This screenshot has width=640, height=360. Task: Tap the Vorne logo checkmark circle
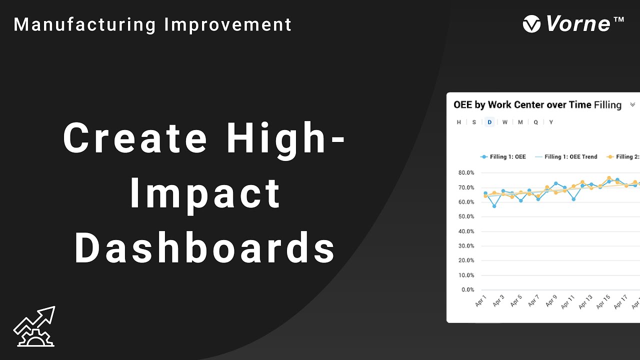coord(531,24)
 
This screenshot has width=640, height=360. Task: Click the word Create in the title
coord(135,138)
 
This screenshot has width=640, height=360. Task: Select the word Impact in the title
coord(205,193)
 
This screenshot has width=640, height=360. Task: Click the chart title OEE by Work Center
coord(522,105)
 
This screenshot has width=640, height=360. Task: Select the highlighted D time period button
coord(489,122)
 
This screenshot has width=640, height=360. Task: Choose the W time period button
coord(505,122)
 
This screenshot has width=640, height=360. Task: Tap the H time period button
coord(459,122)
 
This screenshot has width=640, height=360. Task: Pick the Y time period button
coord(551,122)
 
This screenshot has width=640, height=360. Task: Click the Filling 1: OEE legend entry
coord(503,156)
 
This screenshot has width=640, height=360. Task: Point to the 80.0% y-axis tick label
coord(465,173)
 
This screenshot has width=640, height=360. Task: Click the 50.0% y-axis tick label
coord(465,216)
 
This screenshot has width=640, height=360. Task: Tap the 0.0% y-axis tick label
coord(467,289)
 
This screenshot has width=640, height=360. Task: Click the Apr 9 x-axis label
coord(550,301)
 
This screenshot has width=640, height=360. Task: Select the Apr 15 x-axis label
coord(603,301)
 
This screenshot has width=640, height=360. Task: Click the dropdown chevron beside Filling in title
coord(632,105)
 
